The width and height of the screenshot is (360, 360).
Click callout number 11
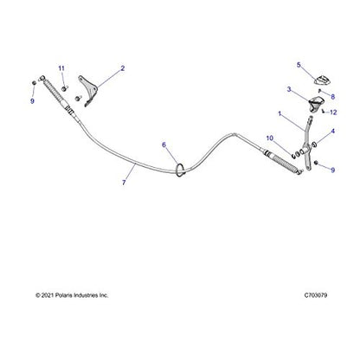tap(61, 68)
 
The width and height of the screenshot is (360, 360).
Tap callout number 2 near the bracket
tap(123, 68)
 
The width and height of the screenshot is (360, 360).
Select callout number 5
tap(299, 65)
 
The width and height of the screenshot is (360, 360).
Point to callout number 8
tap(333, 97)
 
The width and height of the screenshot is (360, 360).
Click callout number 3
tap(289, 89)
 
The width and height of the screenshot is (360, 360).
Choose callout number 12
tap(333, 112)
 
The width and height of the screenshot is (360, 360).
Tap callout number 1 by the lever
tap(280, 113)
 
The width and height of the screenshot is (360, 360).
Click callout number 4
tap(333, 132)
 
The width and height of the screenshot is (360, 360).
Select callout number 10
tap(269, 138)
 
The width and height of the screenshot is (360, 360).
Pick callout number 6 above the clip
tap(164, 145)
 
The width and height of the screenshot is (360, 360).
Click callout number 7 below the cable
tap(124, 183)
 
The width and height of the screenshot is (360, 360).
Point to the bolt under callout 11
tap(64, 88)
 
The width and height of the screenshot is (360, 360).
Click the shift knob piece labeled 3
tap(316, 104)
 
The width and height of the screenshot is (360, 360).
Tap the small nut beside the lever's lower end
tap(316, 163)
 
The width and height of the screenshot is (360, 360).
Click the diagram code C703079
tap(316, 295)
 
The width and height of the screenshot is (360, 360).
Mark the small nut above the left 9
tap(34, 83)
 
